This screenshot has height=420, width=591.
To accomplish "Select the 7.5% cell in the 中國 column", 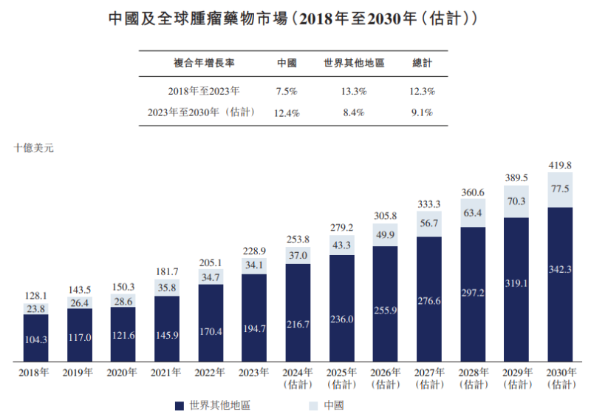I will tap(286, 92).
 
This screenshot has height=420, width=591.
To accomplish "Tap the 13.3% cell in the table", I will tap(354, 92).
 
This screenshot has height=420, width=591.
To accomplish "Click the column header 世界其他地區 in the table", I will tap(354, 64).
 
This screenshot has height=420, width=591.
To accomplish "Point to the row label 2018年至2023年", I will tap(203, 92).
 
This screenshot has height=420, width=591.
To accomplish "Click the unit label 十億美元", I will tap(34, 147).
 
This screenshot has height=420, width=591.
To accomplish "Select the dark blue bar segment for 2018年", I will tap(35, 338).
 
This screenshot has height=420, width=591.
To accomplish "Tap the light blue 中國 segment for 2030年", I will tap(560, 189).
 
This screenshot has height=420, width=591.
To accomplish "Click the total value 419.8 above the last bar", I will tap(560, 165).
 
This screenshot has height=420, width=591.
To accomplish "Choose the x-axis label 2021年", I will tap(167, 373).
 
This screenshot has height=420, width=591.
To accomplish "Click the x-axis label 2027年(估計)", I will tap(429, 378).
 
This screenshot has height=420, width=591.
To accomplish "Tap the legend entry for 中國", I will tap(325, 405).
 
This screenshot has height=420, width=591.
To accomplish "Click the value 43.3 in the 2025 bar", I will tap(342, 244).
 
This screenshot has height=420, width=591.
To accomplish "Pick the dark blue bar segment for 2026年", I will tap(386, 303).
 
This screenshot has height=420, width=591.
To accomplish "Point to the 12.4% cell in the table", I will tap(286, 112).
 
